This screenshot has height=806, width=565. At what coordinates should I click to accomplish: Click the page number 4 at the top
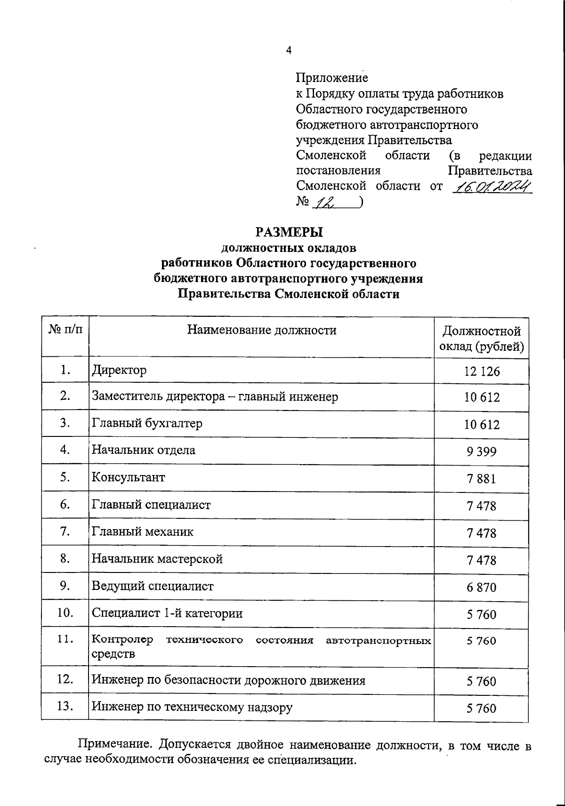click(x=289, y=50)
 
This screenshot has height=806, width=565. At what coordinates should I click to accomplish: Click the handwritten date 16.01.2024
click(x=491, y=187)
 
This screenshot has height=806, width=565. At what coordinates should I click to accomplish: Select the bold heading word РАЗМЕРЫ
click(x=289, y=232)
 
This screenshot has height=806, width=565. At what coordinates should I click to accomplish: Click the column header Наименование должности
click(x=262, y=330)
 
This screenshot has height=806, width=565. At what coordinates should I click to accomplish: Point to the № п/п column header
click(x=65, y=330)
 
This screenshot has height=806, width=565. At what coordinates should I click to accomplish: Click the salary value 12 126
click(x=481, y=371)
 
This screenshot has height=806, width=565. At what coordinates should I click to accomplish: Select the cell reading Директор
click(x=119, y=370)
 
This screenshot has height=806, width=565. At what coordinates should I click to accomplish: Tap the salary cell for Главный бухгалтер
click(x=481, y=425)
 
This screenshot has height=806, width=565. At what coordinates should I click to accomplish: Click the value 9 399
click(x=481, y=452)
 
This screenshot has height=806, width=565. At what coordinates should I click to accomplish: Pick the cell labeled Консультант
click(x=128, y=477)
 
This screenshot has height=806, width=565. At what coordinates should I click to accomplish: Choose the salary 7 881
click(x=481, y=479)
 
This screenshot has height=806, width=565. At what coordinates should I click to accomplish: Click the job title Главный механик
click(x=142, y=532)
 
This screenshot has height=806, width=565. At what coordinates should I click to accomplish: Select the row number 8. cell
click(x=65, y=559)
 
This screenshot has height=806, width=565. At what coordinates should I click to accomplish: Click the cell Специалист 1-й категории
click(x=167, y=613)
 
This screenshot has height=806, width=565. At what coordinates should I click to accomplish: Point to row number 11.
click(x=65, y=639)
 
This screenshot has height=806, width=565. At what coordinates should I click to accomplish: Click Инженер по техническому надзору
click(x=192, y=707)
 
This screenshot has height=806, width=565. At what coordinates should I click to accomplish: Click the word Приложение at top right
click(x=332, y=78)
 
